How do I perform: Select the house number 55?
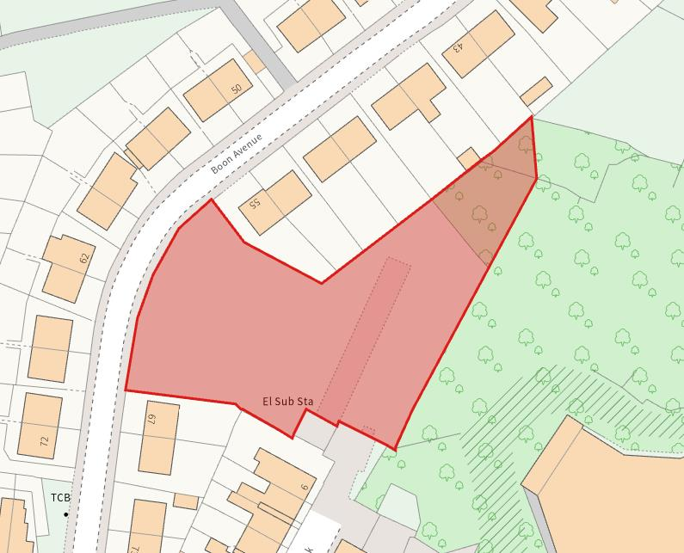coord(254,204)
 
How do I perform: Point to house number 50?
coord(236,89)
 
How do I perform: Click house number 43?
coord(458,46)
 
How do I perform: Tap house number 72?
coord(44,441)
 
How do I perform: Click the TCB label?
coord(59,498)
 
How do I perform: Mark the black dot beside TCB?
coord(66,513)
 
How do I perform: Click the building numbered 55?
coord(274,201)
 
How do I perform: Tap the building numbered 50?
coord(215,89)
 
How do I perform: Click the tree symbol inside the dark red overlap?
coord(478,213)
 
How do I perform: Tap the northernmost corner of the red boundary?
coord(531,116)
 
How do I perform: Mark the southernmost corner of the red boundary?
coord(395,449)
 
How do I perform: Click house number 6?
coord(304,487)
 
